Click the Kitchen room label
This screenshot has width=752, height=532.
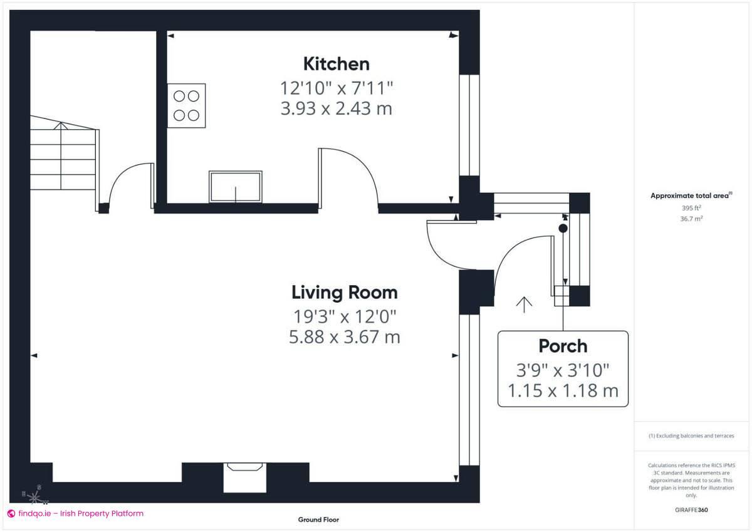click(336, 64)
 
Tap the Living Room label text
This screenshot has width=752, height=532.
click(344, 293)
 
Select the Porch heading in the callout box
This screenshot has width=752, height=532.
click(563, 346)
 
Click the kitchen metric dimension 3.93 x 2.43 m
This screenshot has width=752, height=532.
click(336, 108)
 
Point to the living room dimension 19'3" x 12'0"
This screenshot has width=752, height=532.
click(344, 315)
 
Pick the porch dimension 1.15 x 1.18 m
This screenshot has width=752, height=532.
click(563, 391)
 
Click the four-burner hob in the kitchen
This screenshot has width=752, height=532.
click(186, 106)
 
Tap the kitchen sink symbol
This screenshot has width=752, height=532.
click(236, 187)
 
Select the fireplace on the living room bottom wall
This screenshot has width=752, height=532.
click(245, 474)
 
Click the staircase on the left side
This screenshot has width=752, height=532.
click(63, 160)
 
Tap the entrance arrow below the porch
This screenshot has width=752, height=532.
click(524, 304)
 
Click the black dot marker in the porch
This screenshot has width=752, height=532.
click(563, 229)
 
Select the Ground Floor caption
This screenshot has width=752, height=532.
click(318, 519)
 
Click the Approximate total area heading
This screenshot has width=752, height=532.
click(690, 196)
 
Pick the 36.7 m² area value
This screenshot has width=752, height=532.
click(691, 217)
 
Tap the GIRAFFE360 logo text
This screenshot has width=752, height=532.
click(691, 510)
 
